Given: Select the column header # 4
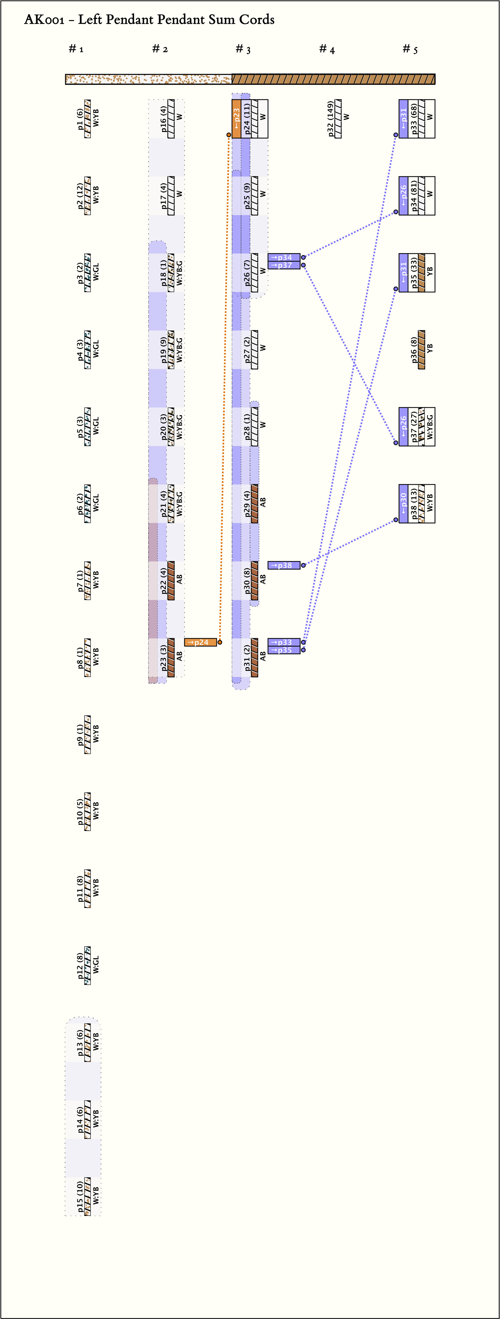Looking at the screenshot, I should [x=327, y=49].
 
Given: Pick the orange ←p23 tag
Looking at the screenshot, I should [x=236, y=119].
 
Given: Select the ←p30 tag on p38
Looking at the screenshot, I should [x=403, y=503].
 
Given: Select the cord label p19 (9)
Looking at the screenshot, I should [x=163, y=350].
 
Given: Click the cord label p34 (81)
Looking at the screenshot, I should [x=414, y=196].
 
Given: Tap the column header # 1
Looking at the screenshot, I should [x=76, y=49].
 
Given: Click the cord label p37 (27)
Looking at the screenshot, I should [x=414, y=426].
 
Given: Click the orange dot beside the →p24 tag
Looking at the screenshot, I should [x=220, y=642].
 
